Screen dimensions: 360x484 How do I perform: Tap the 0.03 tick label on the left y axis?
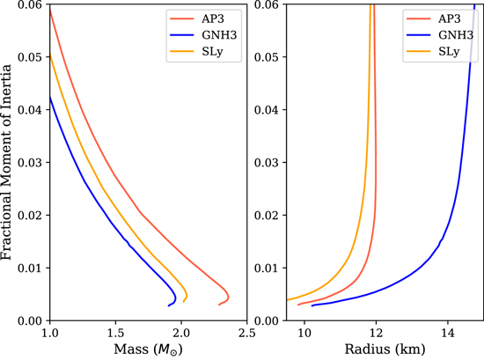coord(32,162)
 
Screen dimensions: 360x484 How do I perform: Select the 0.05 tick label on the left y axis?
coord(32,56)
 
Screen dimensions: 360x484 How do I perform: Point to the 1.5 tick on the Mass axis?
coord(115,332)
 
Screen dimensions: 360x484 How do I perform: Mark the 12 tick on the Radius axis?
coord(377,332)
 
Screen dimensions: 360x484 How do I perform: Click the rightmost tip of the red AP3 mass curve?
coord(229,297)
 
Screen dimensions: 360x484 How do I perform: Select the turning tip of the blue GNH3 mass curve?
coord(176,298)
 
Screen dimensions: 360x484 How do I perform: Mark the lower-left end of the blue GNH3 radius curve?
coord(312,305)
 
